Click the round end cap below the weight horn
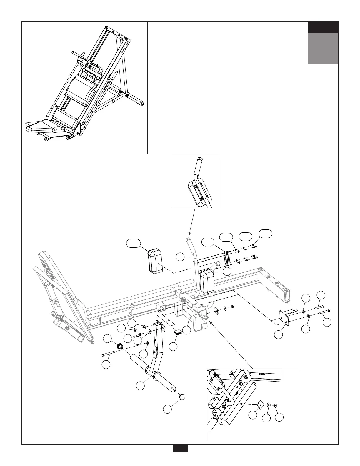click(182, 396)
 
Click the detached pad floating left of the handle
click(155, 260)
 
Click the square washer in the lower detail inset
click(260, 405)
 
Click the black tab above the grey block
click(323, 27)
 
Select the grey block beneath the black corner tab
click(323, 48)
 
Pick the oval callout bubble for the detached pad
click(133, 243)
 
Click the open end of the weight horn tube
click(174, 390)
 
